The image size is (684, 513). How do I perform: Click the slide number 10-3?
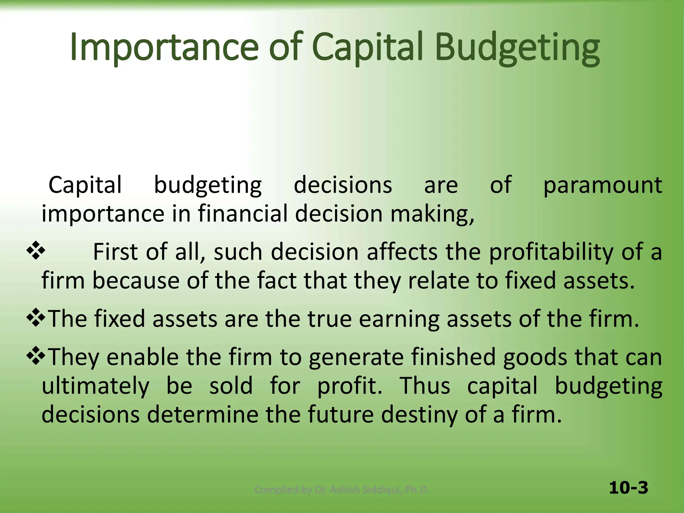tap(628, 488)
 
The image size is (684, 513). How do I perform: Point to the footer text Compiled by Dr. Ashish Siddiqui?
tap(341, 490)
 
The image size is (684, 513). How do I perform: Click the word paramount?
tap(603, 185)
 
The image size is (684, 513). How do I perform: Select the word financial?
tap(243, 214)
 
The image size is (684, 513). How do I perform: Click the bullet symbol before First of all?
tap(36, 251)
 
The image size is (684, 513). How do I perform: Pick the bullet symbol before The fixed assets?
tap(36, 318)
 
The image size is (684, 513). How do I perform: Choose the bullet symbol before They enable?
tap(36, 356)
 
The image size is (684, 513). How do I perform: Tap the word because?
tap(136, 281)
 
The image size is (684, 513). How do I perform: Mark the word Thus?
tap(425, 386)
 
